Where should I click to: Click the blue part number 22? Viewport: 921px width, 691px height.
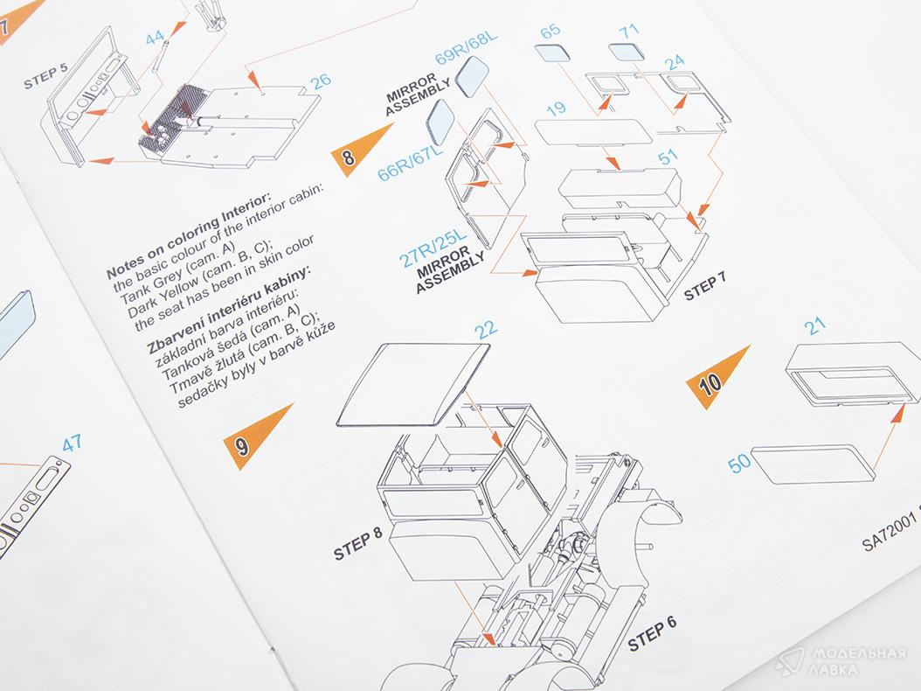tap(486, 329)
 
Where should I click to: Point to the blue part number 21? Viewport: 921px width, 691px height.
tap(815, 325)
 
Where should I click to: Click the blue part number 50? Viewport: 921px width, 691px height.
tap(739, 462)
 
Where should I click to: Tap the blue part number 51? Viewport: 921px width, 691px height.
tap(668, 157)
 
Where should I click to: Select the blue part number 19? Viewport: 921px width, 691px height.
tap(556, 108)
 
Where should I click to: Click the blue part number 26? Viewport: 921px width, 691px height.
tap(321, 81)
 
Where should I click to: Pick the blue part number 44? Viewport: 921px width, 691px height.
tap(155, 38)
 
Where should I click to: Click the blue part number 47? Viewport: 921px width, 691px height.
tap(72, 443)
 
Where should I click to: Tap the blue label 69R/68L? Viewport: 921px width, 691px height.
tap(467, 48)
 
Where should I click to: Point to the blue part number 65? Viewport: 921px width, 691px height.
tap(551, 31)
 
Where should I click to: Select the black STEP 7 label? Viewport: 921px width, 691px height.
tap(705, 284)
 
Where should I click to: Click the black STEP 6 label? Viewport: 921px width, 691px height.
tap(652, 632)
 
